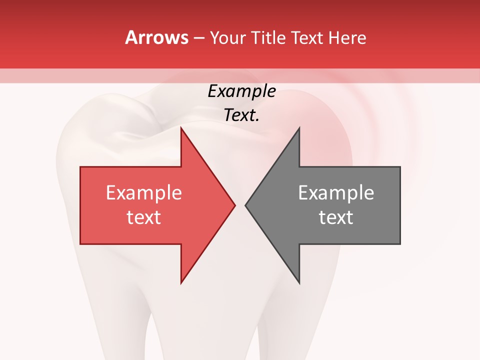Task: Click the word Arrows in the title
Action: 157,37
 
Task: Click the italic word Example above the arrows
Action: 241,91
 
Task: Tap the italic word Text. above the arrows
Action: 241,115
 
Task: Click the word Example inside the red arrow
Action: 144,192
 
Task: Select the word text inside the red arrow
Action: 144,217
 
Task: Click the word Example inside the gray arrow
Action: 336,192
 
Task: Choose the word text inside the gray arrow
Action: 336,217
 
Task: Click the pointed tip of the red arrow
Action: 235,205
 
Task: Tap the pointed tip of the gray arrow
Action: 245,205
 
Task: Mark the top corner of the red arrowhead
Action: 181,128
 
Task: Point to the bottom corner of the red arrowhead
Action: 181,283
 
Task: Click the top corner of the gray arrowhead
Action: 299,128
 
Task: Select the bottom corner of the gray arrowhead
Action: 299,283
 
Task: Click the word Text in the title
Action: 308,38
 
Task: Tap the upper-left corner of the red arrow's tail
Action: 80,167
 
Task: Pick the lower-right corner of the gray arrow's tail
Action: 400,244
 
